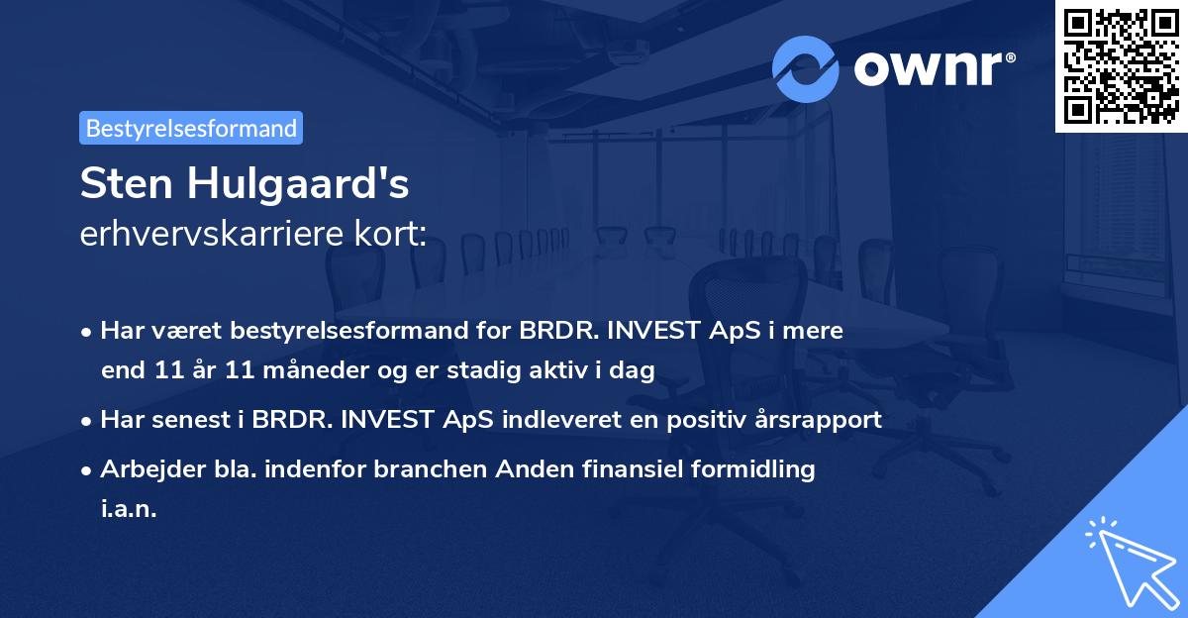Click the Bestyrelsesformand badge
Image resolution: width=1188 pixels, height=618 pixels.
(191, 128)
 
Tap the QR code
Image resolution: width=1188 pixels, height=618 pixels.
(1121, 65)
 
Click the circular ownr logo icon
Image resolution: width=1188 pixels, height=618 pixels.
(806, 68)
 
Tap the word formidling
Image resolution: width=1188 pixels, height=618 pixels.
(760, 468)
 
